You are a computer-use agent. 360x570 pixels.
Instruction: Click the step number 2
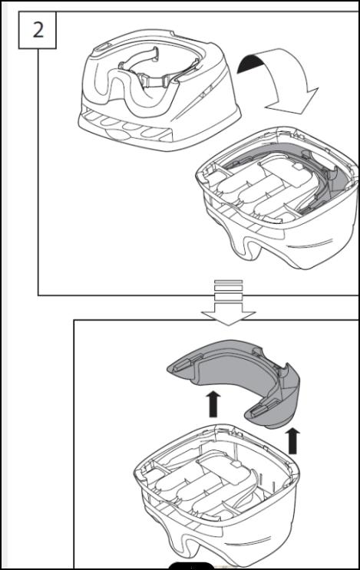point(37,31)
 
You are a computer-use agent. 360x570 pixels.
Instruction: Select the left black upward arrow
point(214,402)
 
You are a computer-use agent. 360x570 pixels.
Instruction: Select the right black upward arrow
point(293,441)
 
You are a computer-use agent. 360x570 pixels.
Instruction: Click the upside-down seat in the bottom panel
point(223,491)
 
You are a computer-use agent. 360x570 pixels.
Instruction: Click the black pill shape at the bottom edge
point(191,567)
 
